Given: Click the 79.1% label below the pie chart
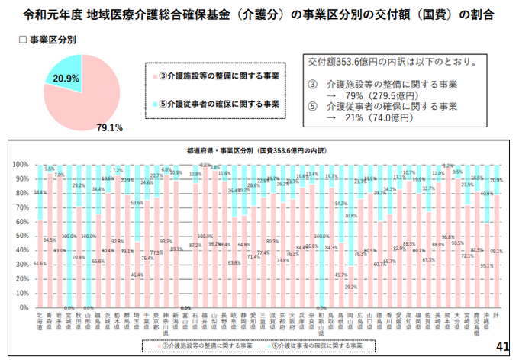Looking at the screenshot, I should (111, 127).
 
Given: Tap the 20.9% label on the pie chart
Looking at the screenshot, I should (66, 78).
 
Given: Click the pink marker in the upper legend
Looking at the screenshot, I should (155, 76).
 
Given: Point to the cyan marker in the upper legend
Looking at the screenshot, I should (155, 102).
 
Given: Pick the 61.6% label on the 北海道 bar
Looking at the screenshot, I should (40, 263).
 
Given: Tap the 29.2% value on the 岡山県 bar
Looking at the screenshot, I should (351, 287).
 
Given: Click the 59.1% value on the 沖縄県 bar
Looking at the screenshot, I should (486, 265).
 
